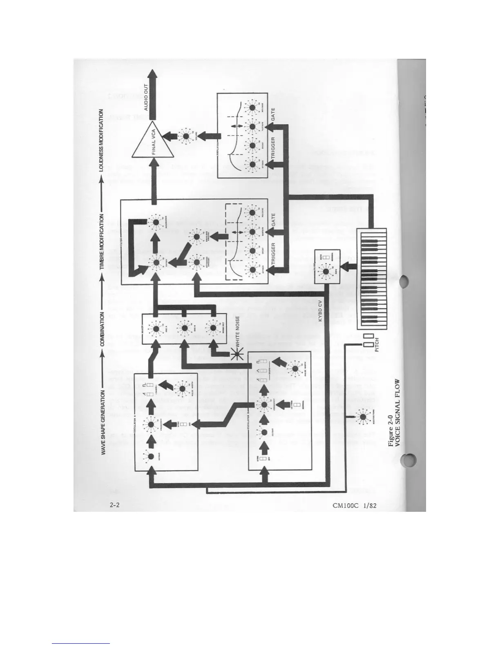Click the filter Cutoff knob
coord(156,263)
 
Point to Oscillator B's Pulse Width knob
coord(295,368)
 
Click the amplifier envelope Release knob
coord(249,107)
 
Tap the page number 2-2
coord(115,505)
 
